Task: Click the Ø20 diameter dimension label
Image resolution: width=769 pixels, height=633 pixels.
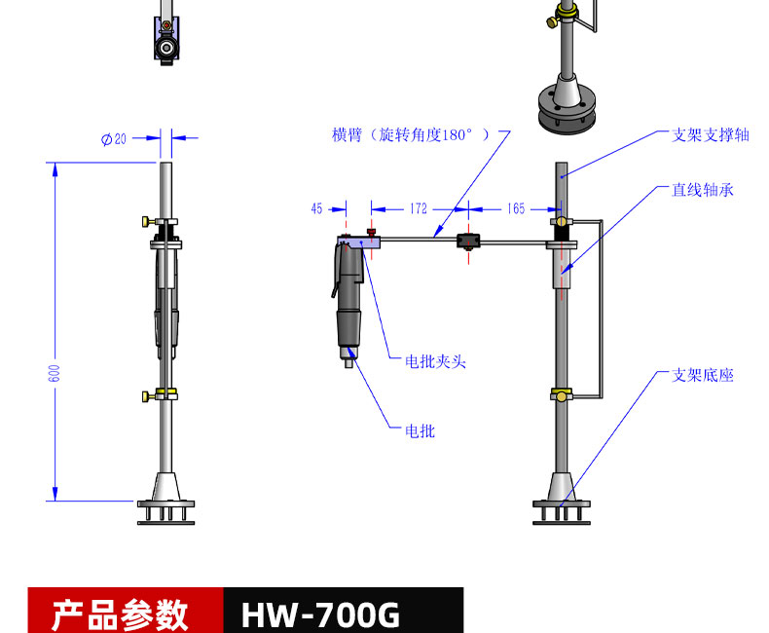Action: tap(114, 139)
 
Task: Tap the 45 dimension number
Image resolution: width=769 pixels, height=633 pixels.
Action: tap(316, 208)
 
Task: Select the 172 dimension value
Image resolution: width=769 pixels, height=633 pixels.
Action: tap(419, 208)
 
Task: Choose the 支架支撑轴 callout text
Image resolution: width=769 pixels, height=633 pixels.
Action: tap(711, 135)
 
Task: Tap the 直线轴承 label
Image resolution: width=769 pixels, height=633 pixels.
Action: tap(703, 190)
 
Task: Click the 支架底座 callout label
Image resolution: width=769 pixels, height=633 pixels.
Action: tap(703, 374)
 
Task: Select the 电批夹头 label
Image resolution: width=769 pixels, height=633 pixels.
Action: tap(435, 361)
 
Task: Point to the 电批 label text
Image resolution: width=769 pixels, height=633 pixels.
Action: tap(420, 430)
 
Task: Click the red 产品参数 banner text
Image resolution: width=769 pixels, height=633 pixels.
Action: tap(119, 614)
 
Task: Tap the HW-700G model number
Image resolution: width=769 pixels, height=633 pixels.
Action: tap(320, 614)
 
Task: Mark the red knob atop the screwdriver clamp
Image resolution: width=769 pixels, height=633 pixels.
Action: tap(371, 232)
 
